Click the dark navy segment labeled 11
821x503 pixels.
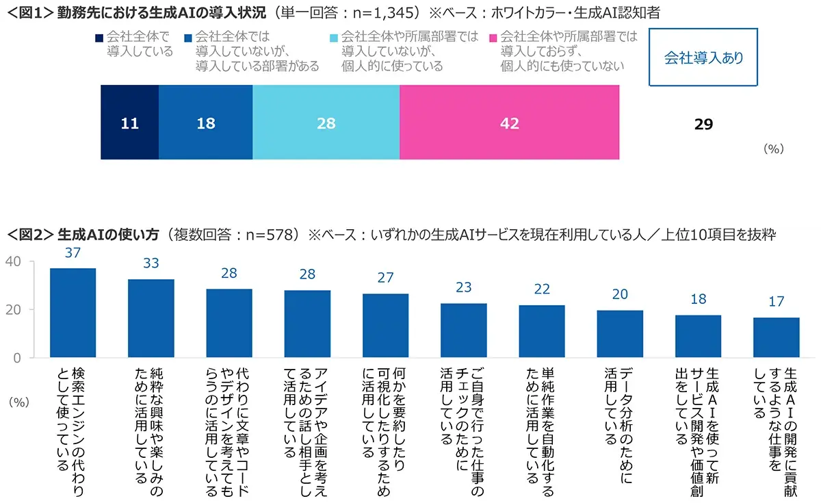[x=129, y=123]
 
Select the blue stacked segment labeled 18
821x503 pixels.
[x=205, y=123]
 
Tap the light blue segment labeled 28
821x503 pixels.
[x=326, y=123]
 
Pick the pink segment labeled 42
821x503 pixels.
[x=509, y=123]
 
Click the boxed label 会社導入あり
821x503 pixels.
[x=703, y=58]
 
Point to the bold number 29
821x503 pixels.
[x=703, y=124]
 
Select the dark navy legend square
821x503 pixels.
[x=99, y=37]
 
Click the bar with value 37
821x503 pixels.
[x=73, y=313]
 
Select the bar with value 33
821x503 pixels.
[x=151, y=318]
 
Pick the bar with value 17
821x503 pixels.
[x=777, y=337]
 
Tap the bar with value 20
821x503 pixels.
[x=620, y=334]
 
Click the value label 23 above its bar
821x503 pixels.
[x=464, y=287]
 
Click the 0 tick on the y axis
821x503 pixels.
[x=18, y=358]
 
